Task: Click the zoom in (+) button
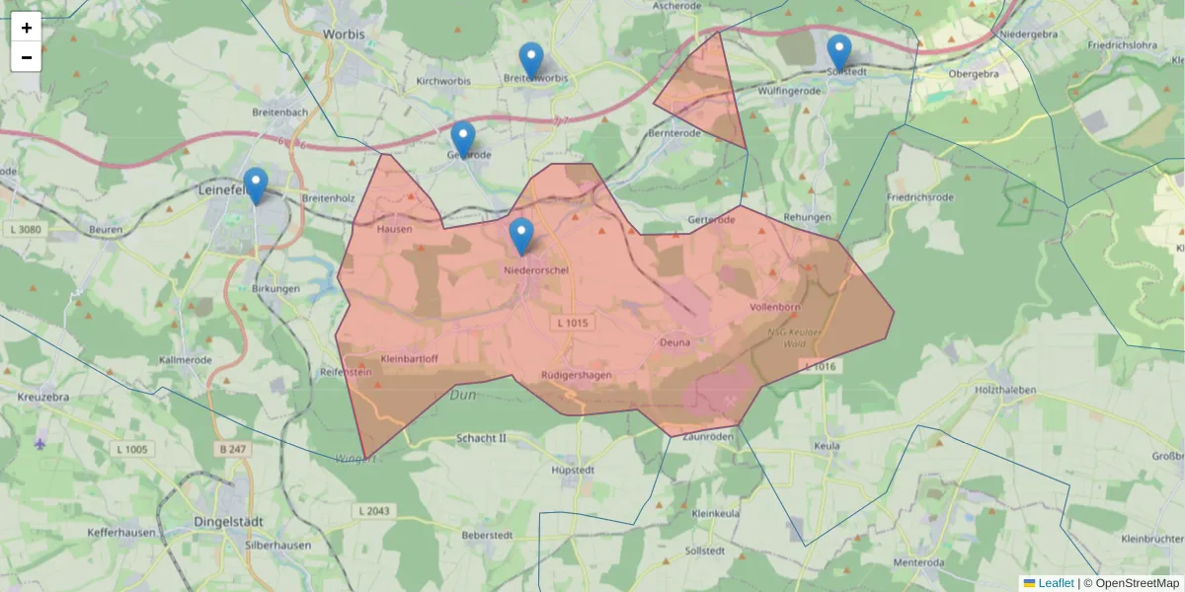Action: (x=27, y=28)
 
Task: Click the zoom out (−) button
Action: (x=27, y=57)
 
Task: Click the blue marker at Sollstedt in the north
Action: (x=839, y=52)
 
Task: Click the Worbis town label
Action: (x=344, y=34)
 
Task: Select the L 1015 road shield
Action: (x=573, y=324)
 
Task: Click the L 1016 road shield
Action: (x=820, y=367)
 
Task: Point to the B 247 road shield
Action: (x=232, y=449)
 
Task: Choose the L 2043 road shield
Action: (x=372, y=511)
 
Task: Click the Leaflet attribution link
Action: (x=1055, y=583)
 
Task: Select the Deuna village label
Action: (x=673, y=343)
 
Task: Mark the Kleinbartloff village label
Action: (x=409, y=359)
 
